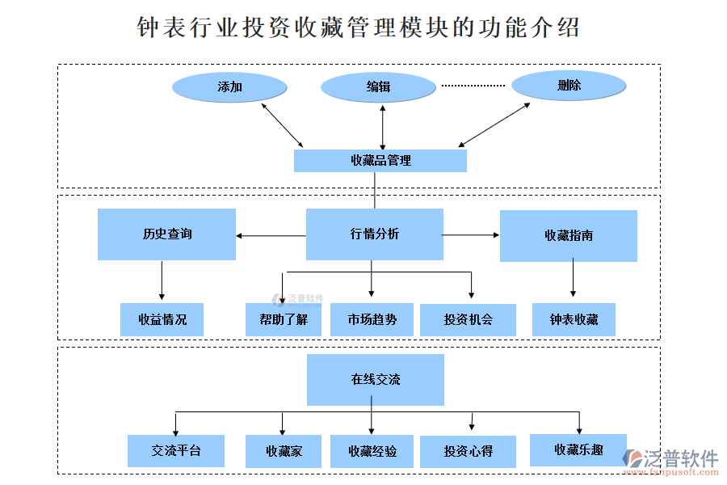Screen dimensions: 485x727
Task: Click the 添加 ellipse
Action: pyautogui.click(x=230, y=87)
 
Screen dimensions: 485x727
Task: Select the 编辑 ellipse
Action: pyautogui.click(x=378, y=87)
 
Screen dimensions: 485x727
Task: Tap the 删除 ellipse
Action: pyautogui.click(x=569, y=86)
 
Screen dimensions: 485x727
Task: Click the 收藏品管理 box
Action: pyautogui.click(x=380, y=160)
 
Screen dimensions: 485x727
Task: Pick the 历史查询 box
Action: pyautogui.click(x=167, y=234)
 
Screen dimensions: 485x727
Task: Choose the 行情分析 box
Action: pyautogui.click(x=375, y=234)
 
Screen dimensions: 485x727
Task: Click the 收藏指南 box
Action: pyautogui.click(x=569, y=235)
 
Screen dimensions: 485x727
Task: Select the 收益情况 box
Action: pyautogui.click(x=162, y=319)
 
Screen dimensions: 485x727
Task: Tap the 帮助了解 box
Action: pyautogui.click(x=284, y=319)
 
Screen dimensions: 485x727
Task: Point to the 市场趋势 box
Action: pyautogui.click(x=372, y=319)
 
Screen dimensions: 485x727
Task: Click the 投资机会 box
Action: pyautogui.click(x=468, y=319)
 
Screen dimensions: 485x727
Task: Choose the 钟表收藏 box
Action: pyautogui.click(x=574, y=319)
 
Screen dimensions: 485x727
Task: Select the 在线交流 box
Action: pyautogui.click(x=376, y=379)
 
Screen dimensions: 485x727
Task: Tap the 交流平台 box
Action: pyautogui.click(x=176, y=451)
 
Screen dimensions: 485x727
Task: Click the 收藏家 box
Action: pyautogui.click(x=284, y=451)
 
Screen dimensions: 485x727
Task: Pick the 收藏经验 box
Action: pyautogui.click(x=372, y=451)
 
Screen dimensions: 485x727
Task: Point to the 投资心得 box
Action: pyautogui.click(x=468, y=451)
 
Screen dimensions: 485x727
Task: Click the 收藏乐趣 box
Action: pyautogui.click(x=578, y=449)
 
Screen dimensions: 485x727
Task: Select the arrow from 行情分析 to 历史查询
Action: pyautogui.click(x=271, y=236)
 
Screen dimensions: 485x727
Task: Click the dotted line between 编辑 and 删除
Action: pyautogui.click(x=473, y=85)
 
